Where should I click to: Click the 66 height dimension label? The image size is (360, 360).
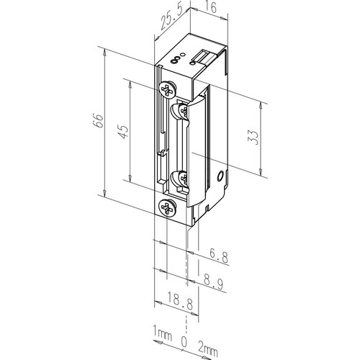[x=99, y=120]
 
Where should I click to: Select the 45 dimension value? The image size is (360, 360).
[x=124, y=132]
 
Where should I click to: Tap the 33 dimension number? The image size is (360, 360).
[x=254, y=137]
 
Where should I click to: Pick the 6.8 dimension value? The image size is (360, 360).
[x=218, y=256]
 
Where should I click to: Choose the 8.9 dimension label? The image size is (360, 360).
[x=213, y=282]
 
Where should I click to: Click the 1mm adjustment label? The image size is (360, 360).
[x=162, y=333]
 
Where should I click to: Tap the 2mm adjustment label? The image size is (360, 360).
[x=208, y=350]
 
